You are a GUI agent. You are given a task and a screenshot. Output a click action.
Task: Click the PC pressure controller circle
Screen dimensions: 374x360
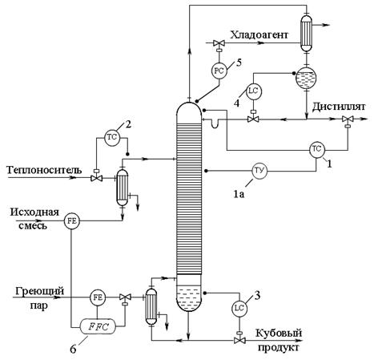219,71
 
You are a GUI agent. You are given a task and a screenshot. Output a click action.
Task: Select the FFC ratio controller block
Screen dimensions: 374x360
98,326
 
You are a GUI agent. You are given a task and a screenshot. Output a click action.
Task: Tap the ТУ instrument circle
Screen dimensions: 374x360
259,170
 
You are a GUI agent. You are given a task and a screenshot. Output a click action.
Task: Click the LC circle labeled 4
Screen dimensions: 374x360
254,91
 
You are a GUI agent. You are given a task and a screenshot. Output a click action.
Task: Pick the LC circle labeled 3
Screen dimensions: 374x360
239,308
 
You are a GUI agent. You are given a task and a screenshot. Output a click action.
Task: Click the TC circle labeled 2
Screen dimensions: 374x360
112,138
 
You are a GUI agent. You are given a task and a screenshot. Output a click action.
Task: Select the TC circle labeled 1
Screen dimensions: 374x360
317,149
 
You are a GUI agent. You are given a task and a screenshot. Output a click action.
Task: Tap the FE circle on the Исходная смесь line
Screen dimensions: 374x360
72,221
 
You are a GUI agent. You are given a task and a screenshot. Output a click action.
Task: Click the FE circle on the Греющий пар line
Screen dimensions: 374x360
98,297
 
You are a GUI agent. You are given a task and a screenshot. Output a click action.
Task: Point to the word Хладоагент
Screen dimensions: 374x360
259,34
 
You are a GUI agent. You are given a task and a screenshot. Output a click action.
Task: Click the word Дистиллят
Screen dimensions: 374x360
339,107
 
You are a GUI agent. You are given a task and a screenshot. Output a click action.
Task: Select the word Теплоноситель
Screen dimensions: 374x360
44,170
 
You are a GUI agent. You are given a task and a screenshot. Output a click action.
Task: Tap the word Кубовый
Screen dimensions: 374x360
279,334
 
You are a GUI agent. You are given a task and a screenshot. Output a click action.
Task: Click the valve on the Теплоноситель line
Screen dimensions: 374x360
96,176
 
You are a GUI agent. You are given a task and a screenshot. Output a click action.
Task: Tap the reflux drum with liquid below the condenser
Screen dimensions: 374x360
306,78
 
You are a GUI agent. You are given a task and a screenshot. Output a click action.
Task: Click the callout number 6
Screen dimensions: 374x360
73,349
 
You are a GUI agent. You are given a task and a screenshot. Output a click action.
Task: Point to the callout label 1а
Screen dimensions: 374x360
239,194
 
